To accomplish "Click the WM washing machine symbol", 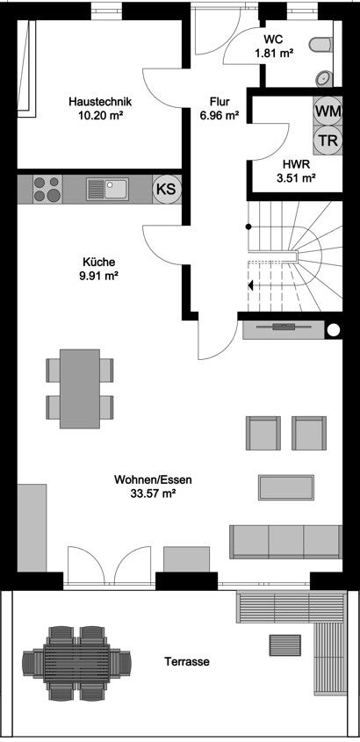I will click(x=328, y=112).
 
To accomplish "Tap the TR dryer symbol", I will click(x=328, y=140).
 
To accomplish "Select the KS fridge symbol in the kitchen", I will click(x=164, y=188).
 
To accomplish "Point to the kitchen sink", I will click(x=107, y=188).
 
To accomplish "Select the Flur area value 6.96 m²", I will click(x=220, y=115).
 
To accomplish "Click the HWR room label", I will click(x=294, y=163).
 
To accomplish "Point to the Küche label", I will click(x=99, y=262).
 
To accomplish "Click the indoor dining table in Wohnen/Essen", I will click(x=80, y=388).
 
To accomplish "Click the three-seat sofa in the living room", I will click(x=285, y=541).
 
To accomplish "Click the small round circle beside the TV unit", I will click(x=334, y=330).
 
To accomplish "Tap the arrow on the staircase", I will click(x=251, y=285).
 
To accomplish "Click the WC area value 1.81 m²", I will click(x=273, y=54).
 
